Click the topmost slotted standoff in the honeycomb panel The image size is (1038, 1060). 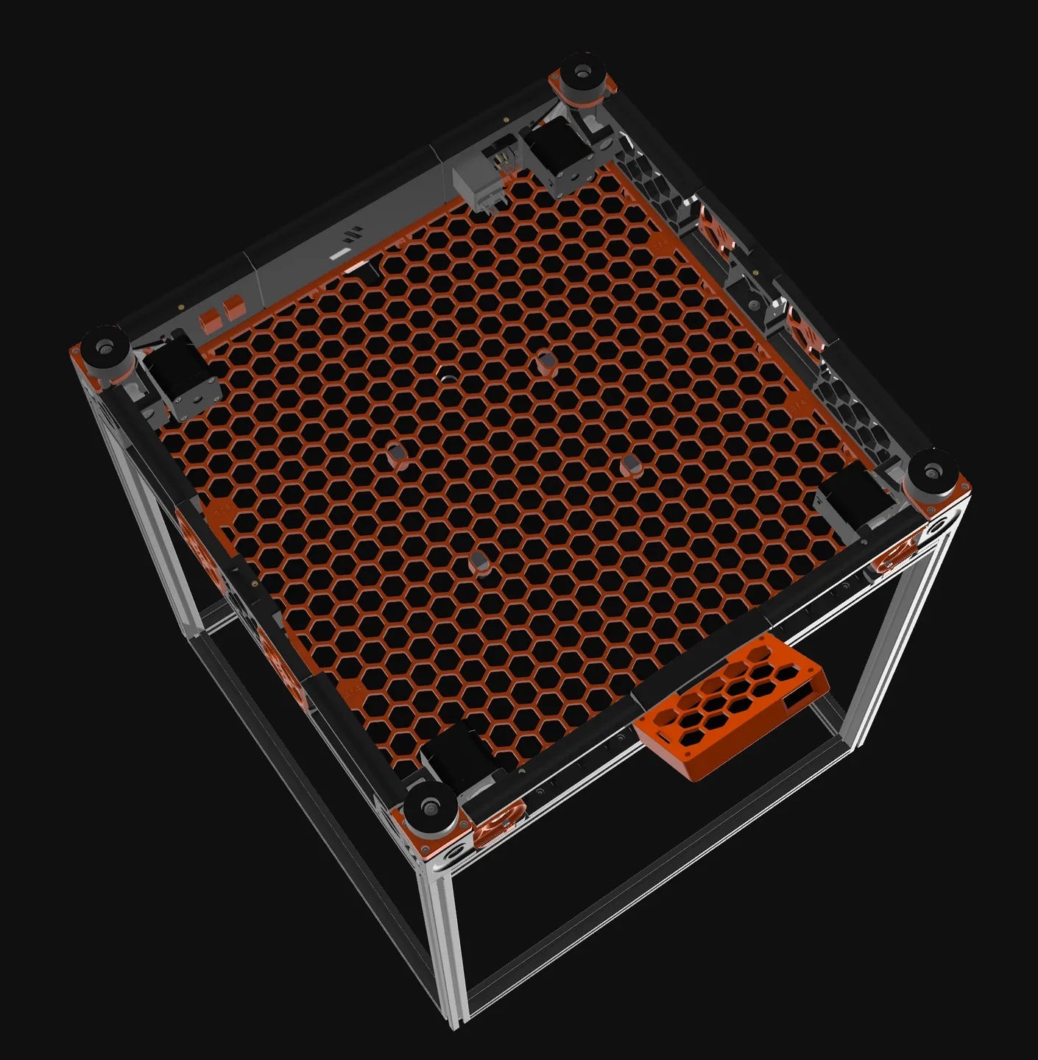point(546,362)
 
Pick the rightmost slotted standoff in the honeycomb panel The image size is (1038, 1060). point(631,464)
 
